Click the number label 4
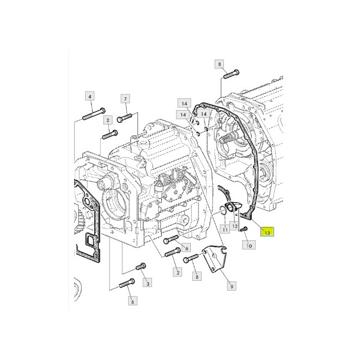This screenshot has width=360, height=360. pyautogui.click(x=90, y=97)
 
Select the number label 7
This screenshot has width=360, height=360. pyautogui.click(x=125, y=99)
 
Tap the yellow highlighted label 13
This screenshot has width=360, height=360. pyautogui.click(x=267, y=232)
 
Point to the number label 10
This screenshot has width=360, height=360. pyautogui.click(x=249, y=245)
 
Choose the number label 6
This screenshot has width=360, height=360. pyautogui.click(x=186, y=248)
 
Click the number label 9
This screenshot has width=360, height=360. pyautogui.click(x=231, y=286)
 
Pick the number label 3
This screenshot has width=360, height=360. pyautogui.click(x=148, y=283)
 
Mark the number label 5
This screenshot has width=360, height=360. pyautogui.click(x=133, y=301)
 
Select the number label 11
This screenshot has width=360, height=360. pyautogui.click(x=225, y=229)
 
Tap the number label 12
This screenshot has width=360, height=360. pyautogui.click(x=235, y=226)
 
